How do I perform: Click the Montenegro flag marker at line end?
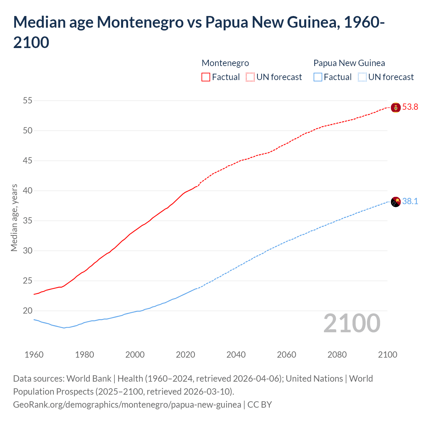pyautogui.click(x=396, y=107)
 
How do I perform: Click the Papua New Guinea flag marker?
pyautogui.click(x=396, y=202)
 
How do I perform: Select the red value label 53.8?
pyautogui.click(x=410, y=107)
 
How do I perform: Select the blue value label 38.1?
pyautogui.click(x=410, y=201)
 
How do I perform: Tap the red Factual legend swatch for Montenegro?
pyautogui.click(x=206, y=77)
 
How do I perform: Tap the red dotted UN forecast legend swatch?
pyautogui.click(x=250, y=77)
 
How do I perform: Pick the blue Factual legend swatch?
pyautogui.click(x=318, y=77)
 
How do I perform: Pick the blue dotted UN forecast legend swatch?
pyautogui.click(x=362, y=77)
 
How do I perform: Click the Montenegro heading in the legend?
pyautogui.click(x=225, y=63)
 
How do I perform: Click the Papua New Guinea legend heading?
pyautogui.click(x=349, y=63)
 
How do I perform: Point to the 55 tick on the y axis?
pyautogui.click(x=28, y=100)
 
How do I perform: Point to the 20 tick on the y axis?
pyautogui.click(x=28, y=311)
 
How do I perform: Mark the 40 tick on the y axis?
pyautogui.click(x=28, y=190)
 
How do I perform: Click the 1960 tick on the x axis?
pyautogui.click(x=34, y=355)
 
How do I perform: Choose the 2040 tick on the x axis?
pyautogui.click(x=236, y=355)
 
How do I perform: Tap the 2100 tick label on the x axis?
pyautogui.click(x=387, y=355)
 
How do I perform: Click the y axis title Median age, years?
pyautogui.click(x=14, y=218)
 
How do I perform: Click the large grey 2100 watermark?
pyautogui.click(x=352, y=323)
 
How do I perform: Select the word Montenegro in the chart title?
pyautogui.click(x=140, y=22)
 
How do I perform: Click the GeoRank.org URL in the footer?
pyautogui.click(x=127, y=405)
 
